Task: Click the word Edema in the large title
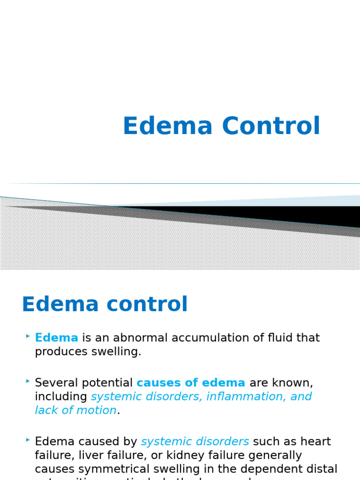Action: [x=168, y=126]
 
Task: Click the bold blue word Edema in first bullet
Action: [x=56, y=337]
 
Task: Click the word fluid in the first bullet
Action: [x=266, y=337]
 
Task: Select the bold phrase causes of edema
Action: [x=191, y=382]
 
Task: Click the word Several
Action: [x=60, y=382]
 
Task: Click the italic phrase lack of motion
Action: [x=75, y=410]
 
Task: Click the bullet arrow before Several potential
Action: [x=28, y=382]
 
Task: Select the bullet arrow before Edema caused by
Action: [x=28, y=441]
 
